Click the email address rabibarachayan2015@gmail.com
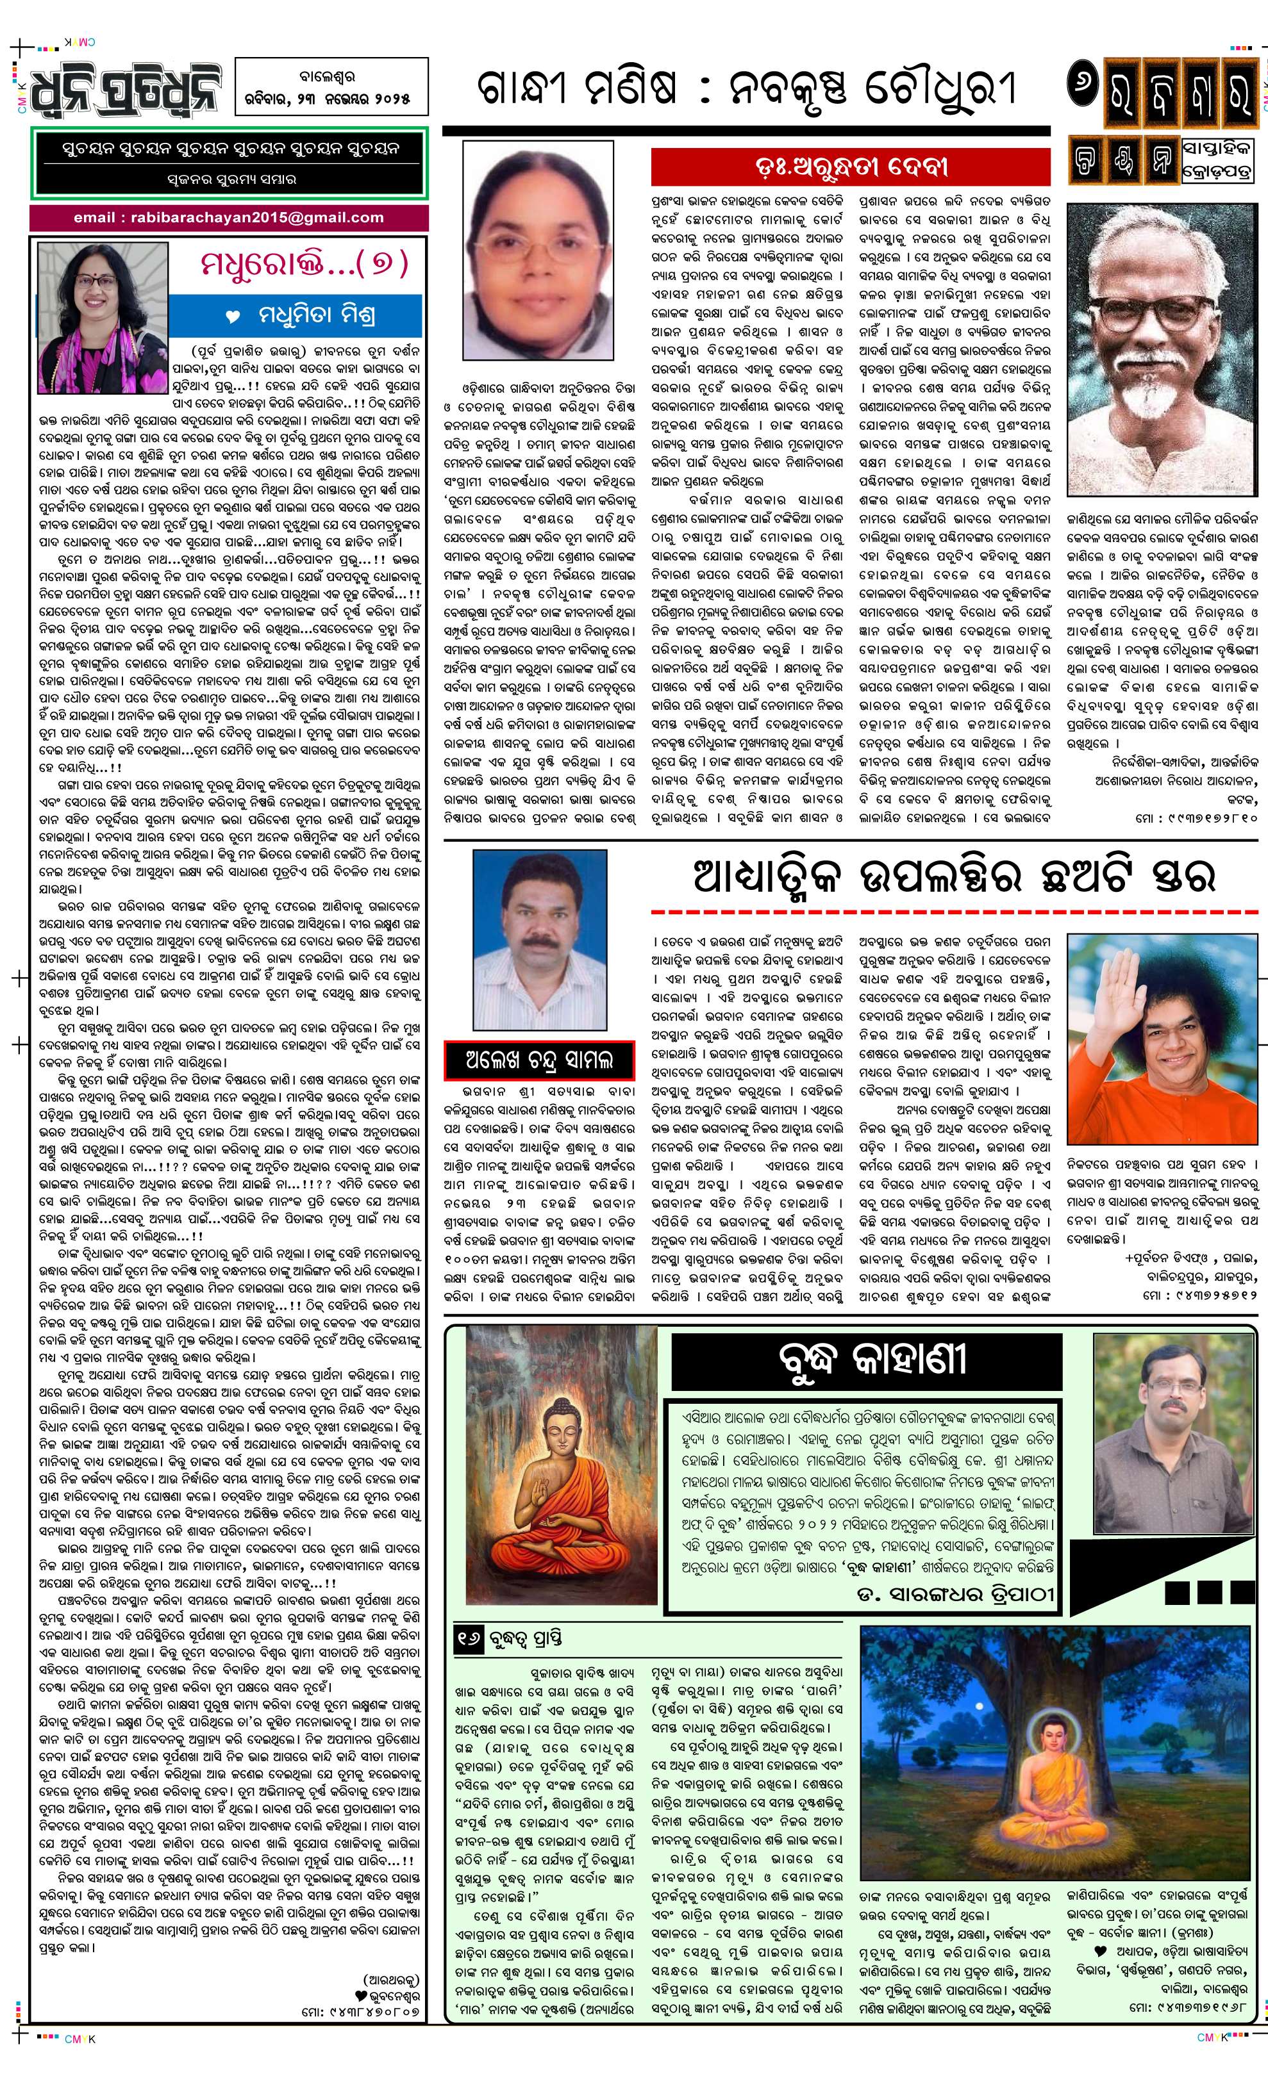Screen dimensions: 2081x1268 tap(228, 217)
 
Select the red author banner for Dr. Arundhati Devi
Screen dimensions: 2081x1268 tap(850, 167)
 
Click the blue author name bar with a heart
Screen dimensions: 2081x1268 tap(296, 316)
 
